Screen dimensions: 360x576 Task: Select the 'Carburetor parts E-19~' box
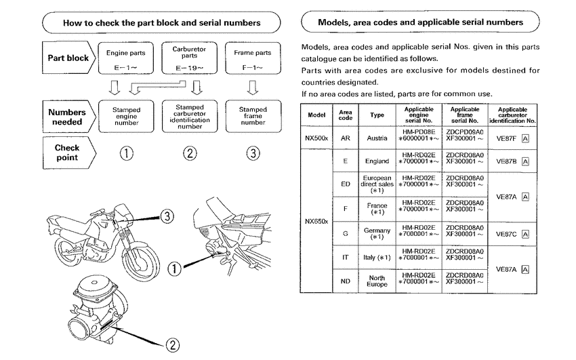(189, 58)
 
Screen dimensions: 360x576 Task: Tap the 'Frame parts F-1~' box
(252, 58)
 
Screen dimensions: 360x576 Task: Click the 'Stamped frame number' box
(252, 117)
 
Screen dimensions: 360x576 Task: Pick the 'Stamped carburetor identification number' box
(189, 117)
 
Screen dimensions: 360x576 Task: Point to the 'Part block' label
(67, 58)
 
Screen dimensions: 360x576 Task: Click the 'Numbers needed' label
(67, 117)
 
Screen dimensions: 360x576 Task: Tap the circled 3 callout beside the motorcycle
(167, 216)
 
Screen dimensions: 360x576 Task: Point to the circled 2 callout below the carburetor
(173, 344)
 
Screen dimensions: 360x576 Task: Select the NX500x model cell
(316, 137)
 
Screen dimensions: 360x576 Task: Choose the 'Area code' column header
(346, 114)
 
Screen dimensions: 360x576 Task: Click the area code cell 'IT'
(346, 258)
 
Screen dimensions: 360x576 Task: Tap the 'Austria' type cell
(377, 137)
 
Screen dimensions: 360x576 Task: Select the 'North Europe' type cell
(377, 281)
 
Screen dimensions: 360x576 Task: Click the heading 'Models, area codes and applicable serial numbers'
(420, 22)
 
